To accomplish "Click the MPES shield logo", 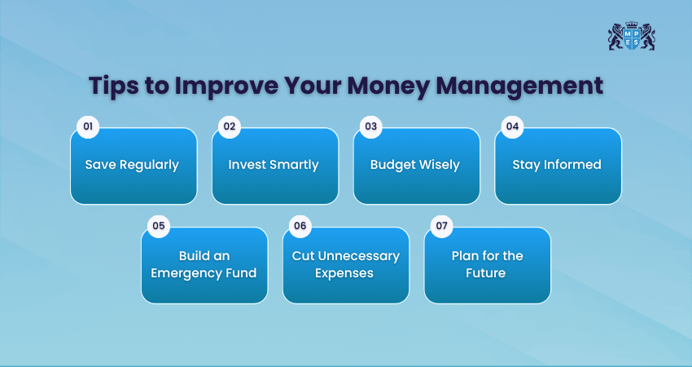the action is (632, 36).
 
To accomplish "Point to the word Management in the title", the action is (519, 86).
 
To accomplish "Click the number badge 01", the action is (88, 127).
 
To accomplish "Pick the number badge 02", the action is (230, 127).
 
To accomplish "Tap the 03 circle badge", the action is (370, 127).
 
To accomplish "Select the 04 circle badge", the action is (512, 127).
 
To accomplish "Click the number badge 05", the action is (159, 226).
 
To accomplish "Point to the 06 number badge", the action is (300, 226).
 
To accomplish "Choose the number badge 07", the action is (441, 226).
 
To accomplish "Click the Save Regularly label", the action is (132, 165).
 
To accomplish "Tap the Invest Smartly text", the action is (274, 165).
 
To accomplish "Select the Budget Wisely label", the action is (415, 165).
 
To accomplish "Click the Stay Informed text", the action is (557, 165).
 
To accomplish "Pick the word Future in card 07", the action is (485, 273).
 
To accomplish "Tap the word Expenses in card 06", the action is (344, 274).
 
